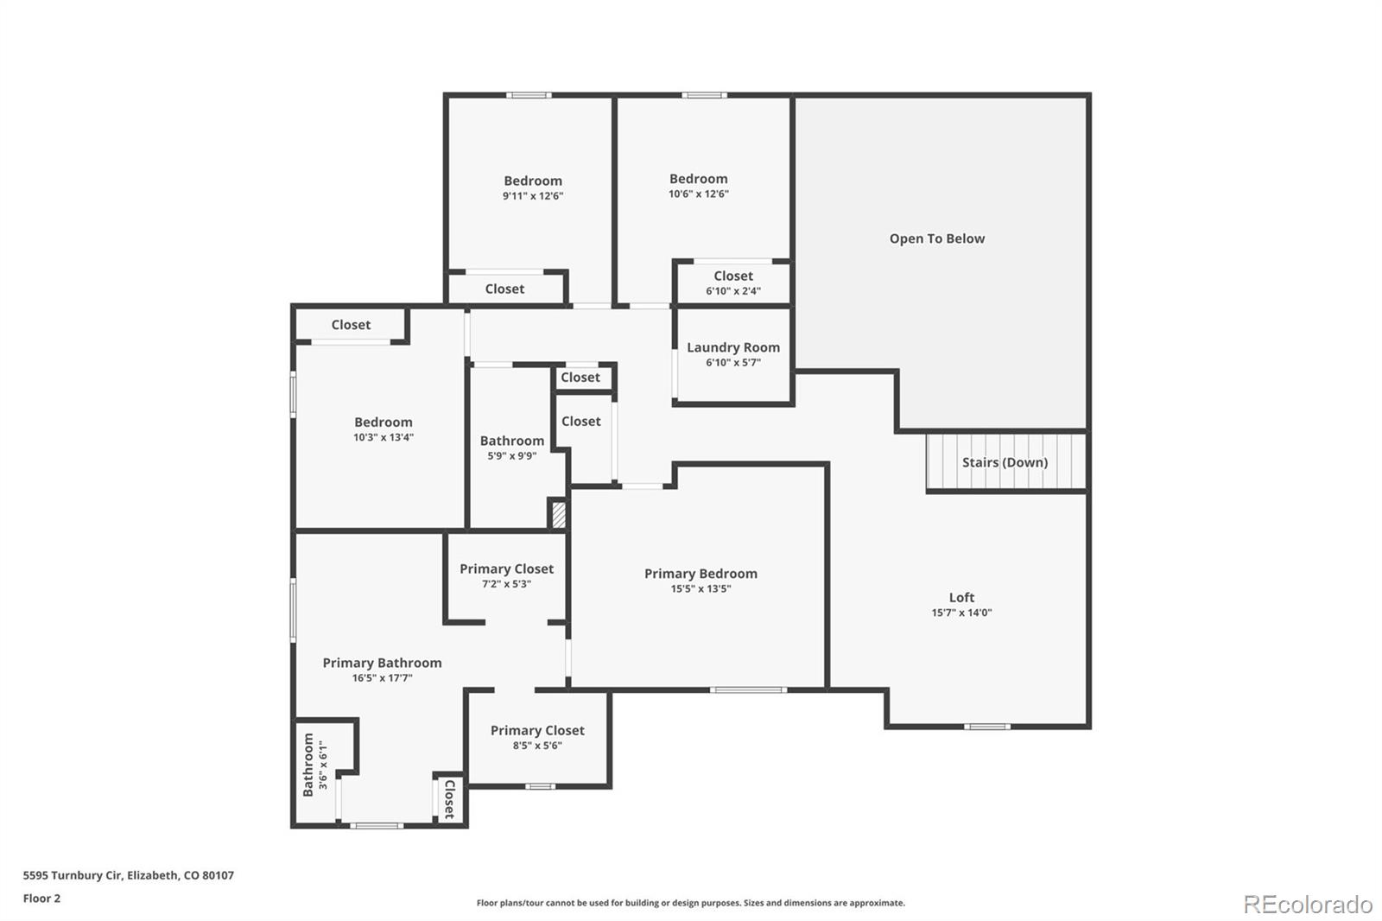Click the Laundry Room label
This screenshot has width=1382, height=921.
[732, 347]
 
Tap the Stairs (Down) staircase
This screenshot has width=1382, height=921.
[1005, 462]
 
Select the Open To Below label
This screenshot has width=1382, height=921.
[936, 238]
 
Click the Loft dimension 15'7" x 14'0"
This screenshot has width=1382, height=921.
[961, 613]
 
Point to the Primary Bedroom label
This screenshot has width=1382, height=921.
[701, 574]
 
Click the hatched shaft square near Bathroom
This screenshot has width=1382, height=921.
[559, 515]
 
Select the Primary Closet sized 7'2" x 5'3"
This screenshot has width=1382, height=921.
[506, 575]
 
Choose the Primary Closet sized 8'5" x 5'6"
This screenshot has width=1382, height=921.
[537, 737]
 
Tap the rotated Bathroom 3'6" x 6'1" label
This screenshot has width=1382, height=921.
[314, 765]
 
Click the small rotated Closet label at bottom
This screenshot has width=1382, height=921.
[449, 799]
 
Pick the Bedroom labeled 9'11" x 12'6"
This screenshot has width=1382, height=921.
[533, 187]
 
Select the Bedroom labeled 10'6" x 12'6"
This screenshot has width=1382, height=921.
[698, 186]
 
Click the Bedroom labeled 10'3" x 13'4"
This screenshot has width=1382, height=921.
[383, 429]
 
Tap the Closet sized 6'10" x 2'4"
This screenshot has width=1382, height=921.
[732, 283]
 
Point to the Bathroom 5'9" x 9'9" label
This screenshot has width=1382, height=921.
[511, 448]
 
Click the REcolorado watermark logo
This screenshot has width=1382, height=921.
[1307, 904]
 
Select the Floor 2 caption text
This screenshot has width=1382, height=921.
[41, 899]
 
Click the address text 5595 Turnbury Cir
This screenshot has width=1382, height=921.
[128, 875]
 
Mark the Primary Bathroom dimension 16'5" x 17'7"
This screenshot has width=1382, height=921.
[382, 678]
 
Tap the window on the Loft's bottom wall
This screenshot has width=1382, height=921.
[986, 727]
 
